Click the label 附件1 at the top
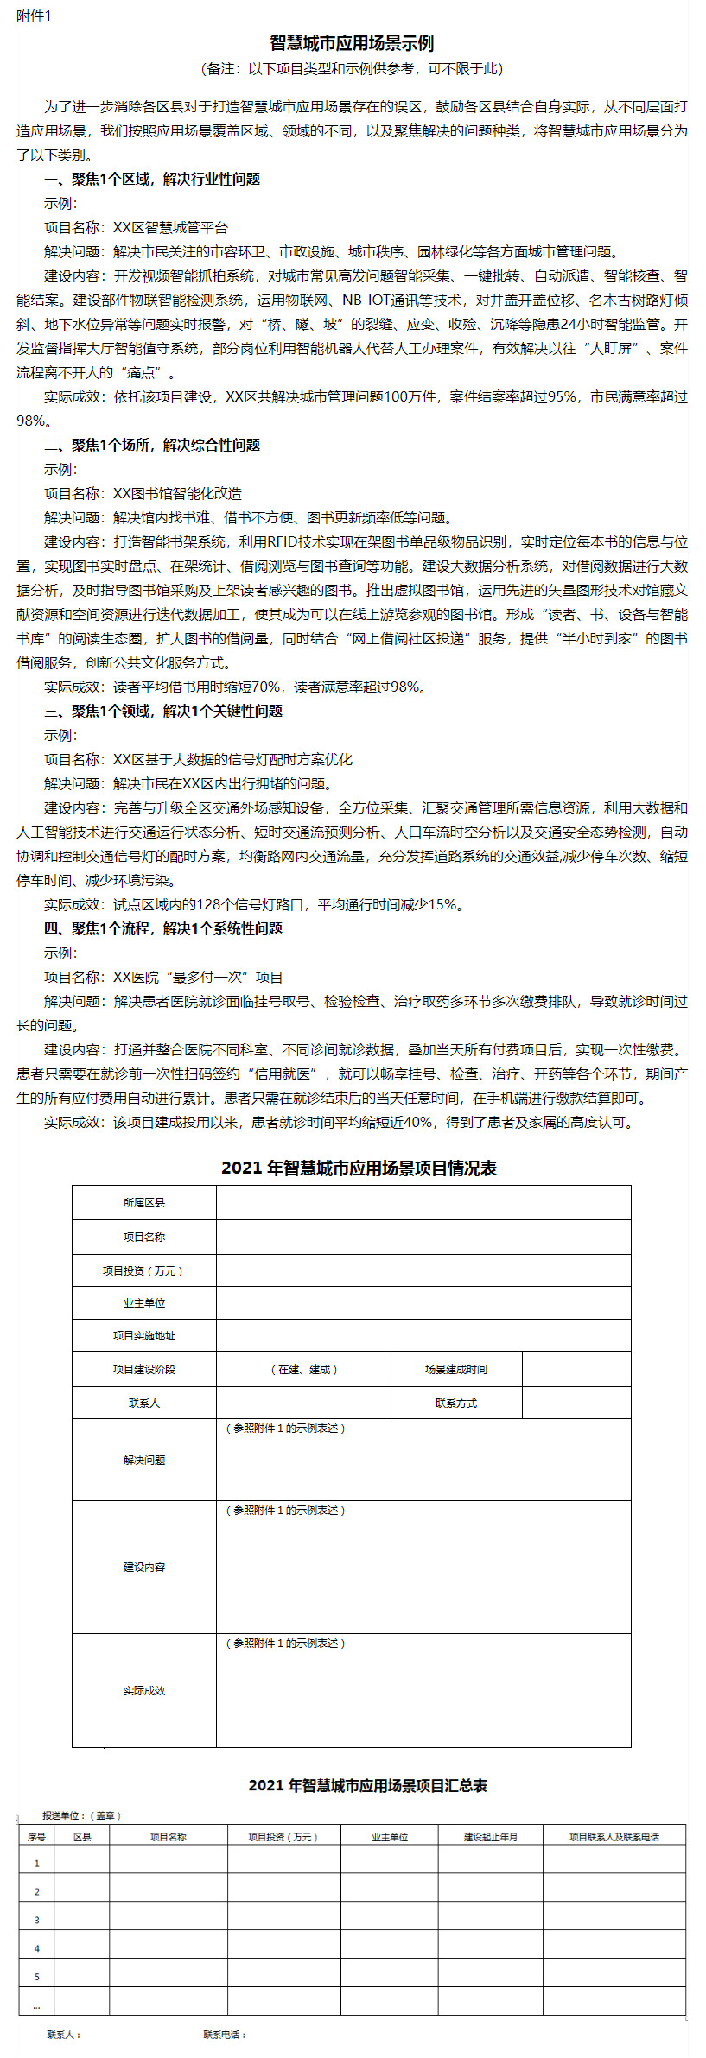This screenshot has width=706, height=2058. pos(34,16)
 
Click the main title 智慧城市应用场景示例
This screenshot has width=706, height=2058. pos(352,43)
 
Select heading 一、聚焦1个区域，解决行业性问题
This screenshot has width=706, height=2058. pos(152,179)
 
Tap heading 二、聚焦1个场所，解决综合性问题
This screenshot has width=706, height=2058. pos(152,445)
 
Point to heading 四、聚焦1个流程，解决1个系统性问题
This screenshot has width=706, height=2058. pos(163,928)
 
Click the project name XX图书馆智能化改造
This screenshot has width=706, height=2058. pos(177,493)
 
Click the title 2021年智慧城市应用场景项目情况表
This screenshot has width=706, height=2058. pos(359,1168)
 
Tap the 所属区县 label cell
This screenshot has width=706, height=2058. pos(143,1202)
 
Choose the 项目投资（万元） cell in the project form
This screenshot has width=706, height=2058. pos(143,1270)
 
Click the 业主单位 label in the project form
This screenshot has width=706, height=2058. pos(143,1303)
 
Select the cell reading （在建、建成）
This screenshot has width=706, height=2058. pos(303,1369)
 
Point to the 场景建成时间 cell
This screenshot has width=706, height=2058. pos(455,1369)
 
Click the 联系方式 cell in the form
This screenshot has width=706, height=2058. pos(455,1403)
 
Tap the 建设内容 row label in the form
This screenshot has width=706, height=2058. pos(143,1567)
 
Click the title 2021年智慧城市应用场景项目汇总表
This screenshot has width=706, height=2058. pos(367,1785)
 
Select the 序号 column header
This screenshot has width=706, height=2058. pos(36,1837)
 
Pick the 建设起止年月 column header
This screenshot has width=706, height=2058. pos(490,1837)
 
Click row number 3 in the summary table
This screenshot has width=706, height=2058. pos(36,1920)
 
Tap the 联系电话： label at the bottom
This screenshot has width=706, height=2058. pos(225,2035)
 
